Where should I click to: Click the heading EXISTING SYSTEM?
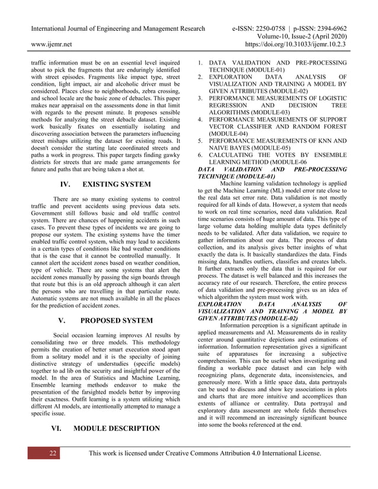pos(118,185)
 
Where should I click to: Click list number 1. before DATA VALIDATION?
pos(200,62)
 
